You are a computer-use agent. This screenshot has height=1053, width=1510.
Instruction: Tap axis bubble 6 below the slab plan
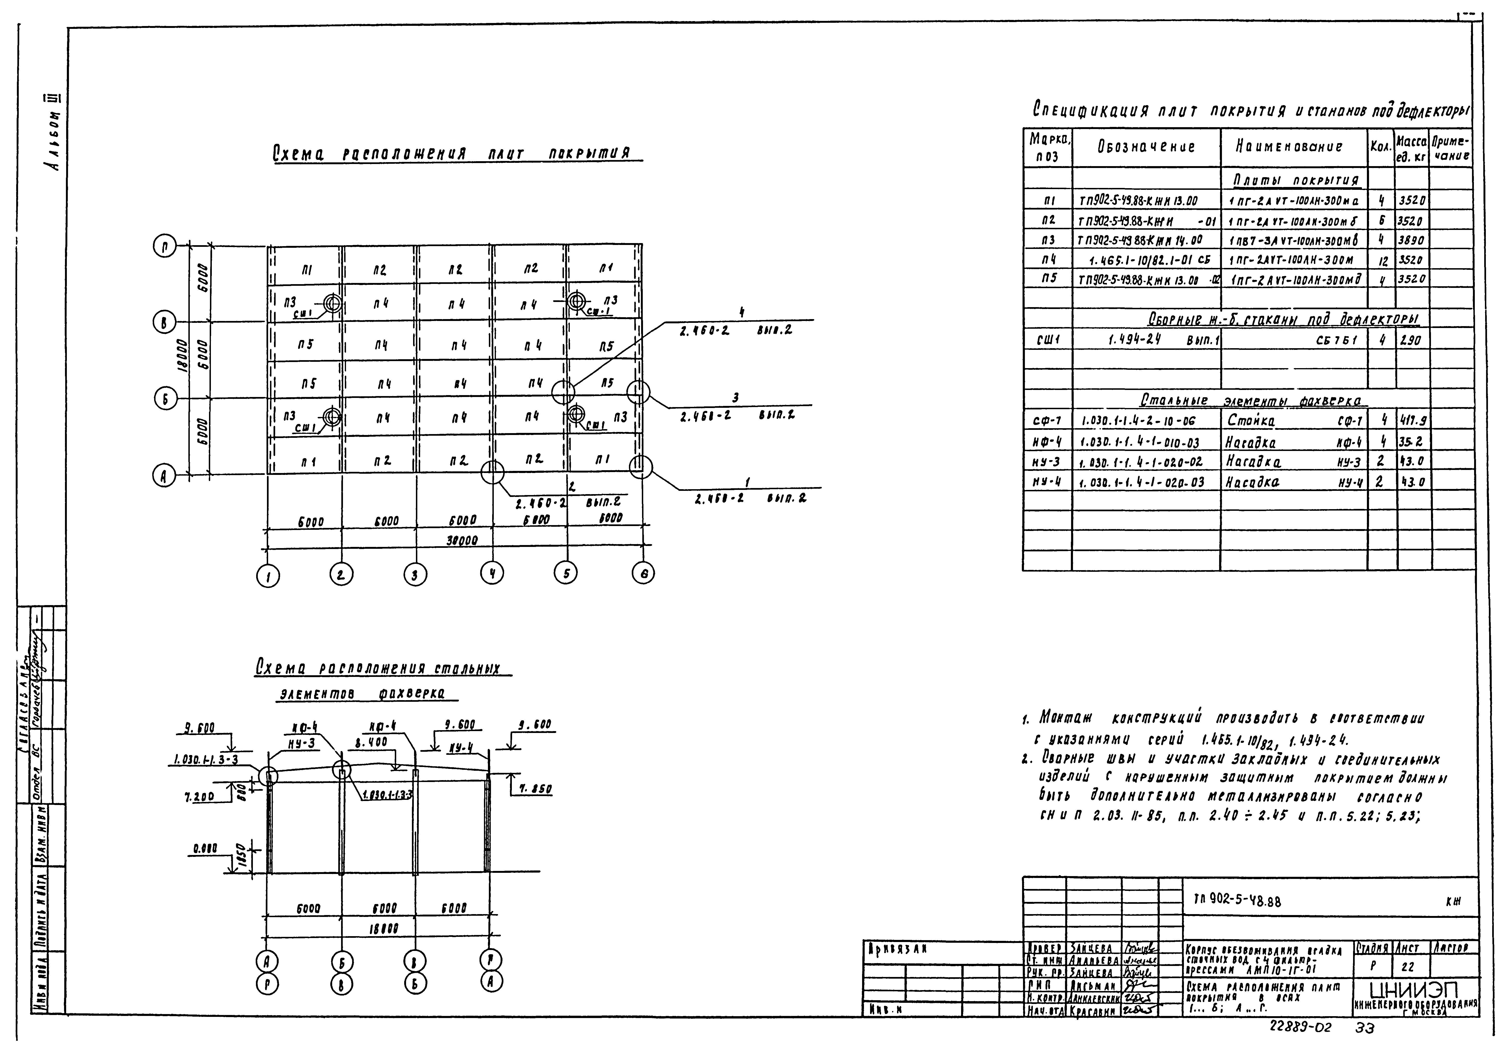click(x=643, y=573)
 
